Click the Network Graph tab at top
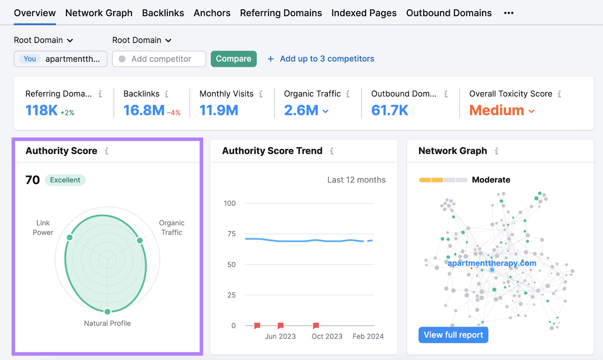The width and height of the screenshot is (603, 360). coord(99,13)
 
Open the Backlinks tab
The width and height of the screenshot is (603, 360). coord(163,13)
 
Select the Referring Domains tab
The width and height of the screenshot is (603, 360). coord(281,13)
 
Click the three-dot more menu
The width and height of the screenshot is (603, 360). coord(508,13)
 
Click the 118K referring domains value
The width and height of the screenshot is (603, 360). coord(41,110)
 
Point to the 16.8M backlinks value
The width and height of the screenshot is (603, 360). coord(144,110)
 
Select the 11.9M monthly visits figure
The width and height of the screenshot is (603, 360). coord(219,110)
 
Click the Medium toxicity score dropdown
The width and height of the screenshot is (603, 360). coord(502,111)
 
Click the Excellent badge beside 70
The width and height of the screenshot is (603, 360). coord(65,180)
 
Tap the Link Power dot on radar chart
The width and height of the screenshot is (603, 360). coord(70,237)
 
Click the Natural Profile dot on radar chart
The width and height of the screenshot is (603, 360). coord(107,311)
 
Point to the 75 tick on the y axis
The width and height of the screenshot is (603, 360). coord(231,234)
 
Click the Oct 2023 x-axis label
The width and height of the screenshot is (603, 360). coord(327,336)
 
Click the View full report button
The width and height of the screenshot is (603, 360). coord(453,335)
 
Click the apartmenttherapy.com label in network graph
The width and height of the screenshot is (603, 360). coord(491,263)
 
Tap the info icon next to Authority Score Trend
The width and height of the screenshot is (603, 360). coord(332,151)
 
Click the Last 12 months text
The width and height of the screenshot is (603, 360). coord(356,180)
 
